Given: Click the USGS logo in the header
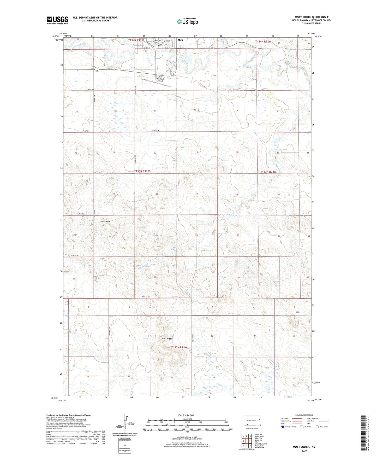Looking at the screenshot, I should click(57, 20).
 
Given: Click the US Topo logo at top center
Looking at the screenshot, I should click(187, 21).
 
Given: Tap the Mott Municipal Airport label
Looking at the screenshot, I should click(160, 79).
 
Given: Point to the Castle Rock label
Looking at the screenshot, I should click(105, 221).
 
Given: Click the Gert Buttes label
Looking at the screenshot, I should click(167, 339).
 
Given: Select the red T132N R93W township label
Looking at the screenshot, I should click(179, 347).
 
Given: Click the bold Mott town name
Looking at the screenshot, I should click(180, 40).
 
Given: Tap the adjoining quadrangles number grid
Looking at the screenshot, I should click(247, 441).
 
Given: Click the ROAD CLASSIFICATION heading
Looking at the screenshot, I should click(304, 415).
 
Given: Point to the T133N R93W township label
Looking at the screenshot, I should click(142, 171).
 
